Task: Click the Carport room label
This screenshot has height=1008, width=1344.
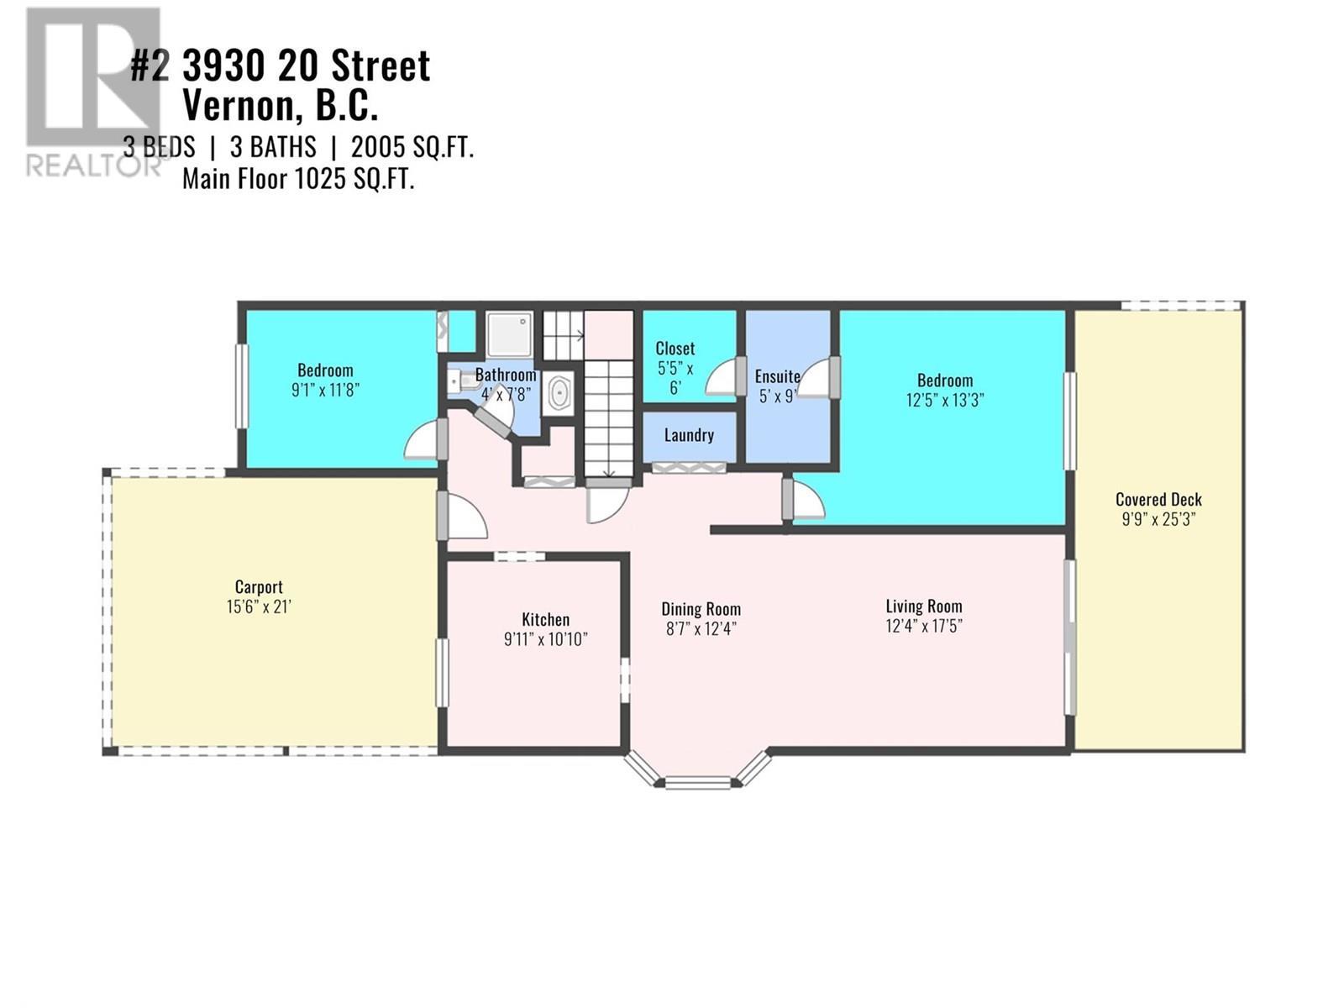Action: coord(259,587)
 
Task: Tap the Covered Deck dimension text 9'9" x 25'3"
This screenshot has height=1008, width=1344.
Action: coord(1158,519)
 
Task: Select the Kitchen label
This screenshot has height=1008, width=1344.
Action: coord(545,620)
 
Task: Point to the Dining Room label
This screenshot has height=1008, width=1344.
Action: coord(701,610)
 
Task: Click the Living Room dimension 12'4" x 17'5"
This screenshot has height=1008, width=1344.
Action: coord(924,626)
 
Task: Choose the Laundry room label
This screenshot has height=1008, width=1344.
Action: coord(689,435)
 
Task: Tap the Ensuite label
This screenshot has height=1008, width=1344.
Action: coord(777,376)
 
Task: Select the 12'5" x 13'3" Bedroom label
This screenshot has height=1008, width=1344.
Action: coord(945,391)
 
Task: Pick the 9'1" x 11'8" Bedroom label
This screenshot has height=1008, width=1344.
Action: coord(325,380)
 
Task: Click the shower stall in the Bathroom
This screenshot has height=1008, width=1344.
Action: coord(510,333)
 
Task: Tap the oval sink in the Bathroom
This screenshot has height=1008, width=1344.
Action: coord(559,393)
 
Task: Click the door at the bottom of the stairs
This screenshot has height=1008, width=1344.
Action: coord(606,502)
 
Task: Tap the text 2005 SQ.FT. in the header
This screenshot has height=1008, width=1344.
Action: coord(412,148)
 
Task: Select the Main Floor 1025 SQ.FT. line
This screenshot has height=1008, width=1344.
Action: coord(298,179)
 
